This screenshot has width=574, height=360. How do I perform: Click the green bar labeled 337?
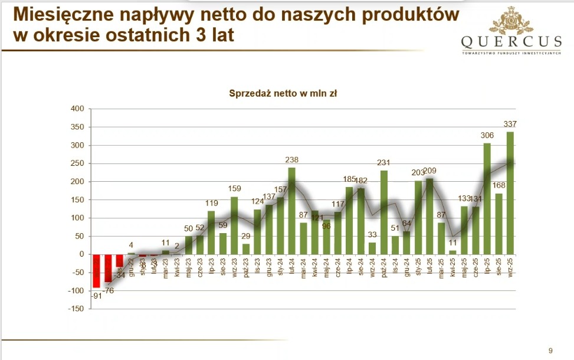[x=510, y=193]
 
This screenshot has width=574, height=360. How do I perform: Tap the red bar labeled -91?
[x=97, y=271]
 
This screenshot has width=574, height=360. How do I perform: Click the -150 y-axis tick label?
[x=77, y=309]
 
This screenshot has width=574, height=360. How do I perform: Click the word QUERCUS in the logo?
[x=512, y=42]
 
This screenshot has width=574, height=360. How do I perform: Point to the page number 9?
[x=550, y=351]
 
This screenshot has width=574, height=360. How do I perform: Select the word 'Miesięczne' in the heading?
[x=60, y=14]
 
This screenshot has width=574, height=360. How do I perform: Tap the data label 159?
[x=234, y=189]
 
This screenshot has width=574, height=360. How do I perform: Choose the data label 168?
[x=499, y=185]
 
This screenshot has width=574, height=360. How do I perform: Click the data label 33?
[x=372, y=235]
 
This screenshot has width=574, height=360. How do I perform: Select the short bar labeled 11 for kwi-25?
[x=453, y=252]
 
